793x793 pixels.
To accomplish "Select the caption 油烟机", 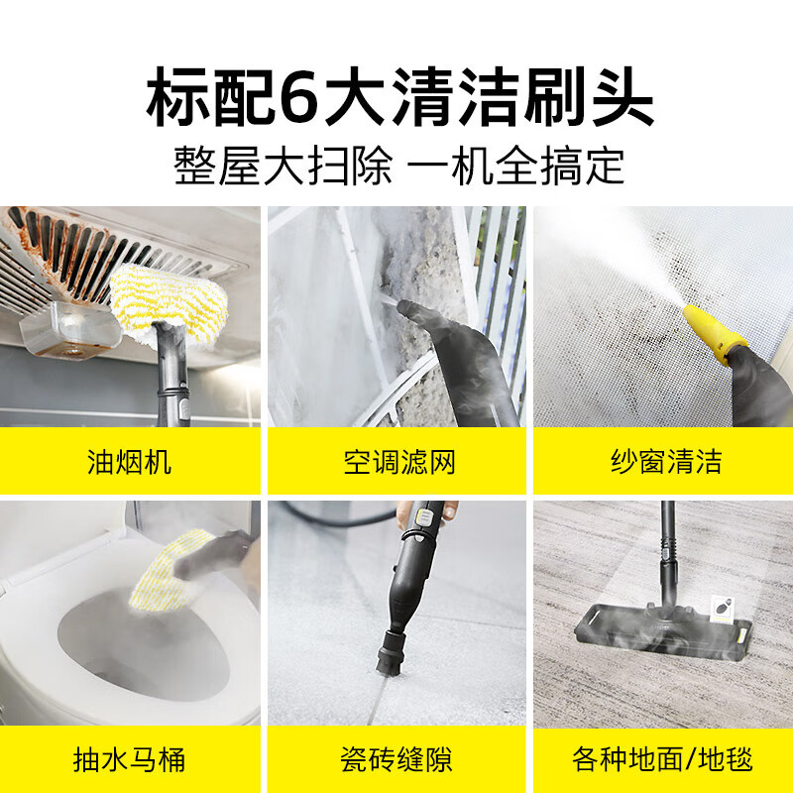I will pos(130,462).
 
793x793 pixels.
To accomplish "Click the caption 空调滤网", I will pos(399,462).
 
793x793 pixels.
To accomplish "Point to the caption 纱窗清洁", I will pos(665,462).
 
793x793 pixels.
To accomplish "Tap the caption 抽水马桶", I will pos(130,760).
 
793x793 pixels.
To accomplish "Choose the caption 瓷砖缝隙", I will pos(399,760).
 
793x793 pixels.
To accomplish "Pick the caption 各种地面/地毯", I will pos(663,760).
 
